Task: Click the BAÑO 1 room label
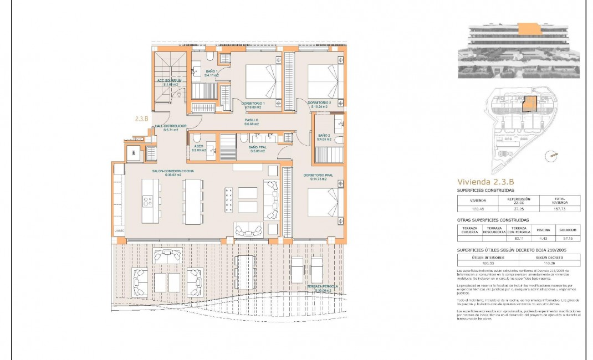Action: [x=212, y=72]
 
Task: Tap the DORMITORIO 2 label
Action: [x=319, y=103]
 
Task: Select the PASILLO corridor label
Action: [x=252, y=120]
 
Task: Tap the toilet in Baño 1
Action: [x=209, y=56]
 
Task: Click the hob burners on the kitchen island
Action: [x=228, y=199]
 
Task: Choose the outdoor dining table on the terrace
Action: [x=244, y=271]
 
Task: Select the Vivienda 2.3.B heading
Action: [x=485, y=181]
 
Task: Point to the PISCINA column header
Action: [x=539, y=229]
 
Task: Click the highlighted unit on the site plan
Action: [x=530, y=104]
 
